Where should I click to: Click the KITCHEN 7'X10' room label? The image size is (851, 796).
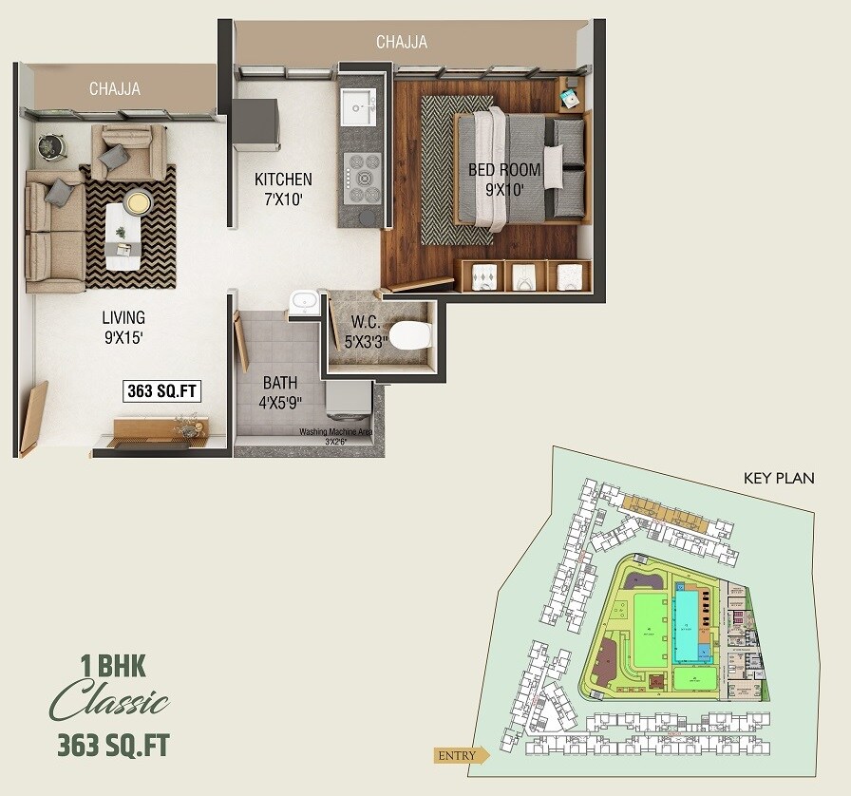point(283,188)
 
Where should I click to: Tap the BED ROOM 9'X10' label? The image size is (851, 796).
point(504,180)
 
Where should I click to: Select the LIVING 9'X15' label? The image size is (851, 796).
point(123,326)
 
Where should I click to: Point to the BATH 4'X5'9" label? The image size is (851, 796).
point(280,391)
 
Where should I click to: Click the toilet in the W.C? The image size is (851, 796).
point(410,333)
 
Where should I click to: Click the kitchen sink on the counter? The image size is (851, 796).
point(358,105)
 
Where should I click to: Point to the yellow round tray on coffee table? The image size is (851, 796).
point(138,202)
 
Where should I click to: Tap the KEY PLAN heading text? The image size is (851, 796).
point(779,478)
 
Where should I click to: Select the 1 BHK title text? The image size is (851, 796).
point(112,666)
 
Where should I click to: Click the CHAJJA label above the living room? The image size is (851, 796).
point(115,88)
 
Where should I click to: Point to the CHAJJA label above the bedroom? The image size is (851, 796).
point(402,42)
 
